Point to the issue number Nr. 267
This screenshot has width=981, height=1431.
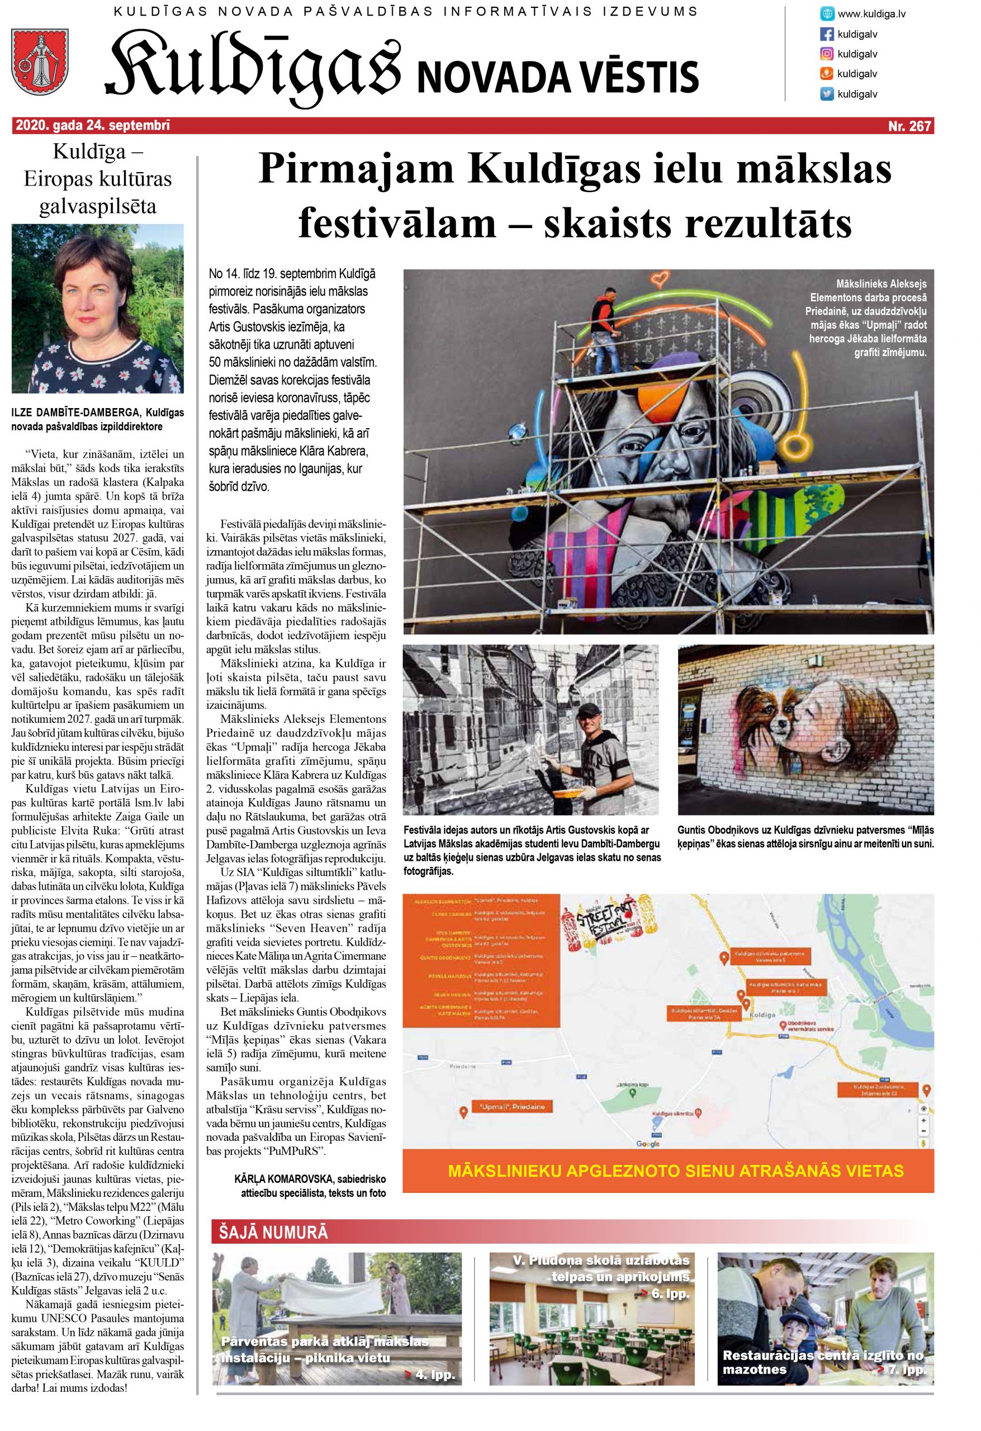(x=909, y=126)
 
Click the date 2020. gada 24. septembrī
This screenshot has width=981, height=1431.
(x=92, y=126)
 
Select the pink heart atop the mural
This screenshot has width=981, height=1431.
(x=662, y=278)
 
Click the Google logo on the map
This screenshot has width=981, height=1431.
(x=648, y=1144)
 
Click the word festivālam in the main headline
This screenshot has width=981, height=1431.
(x=396, y=224)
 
